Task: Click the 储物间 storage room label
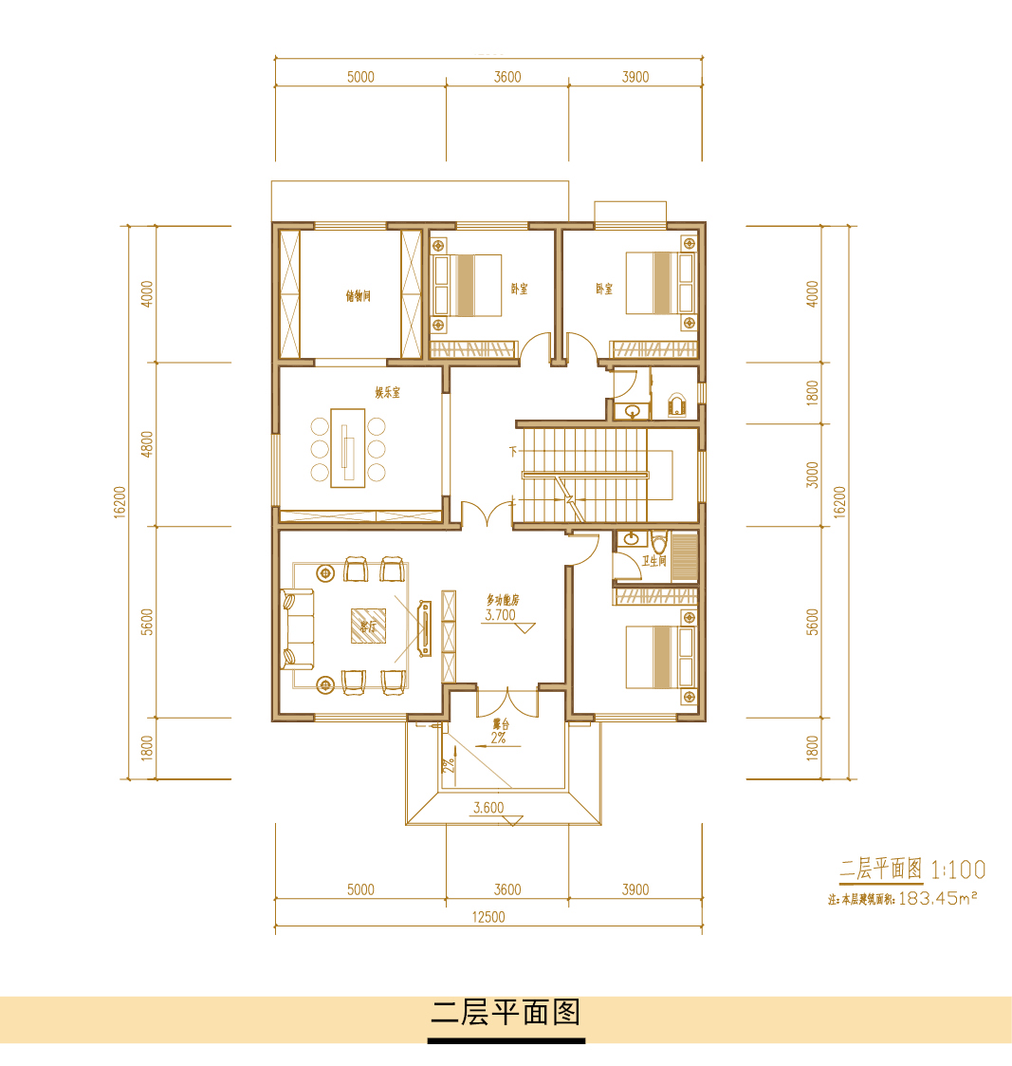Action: pyautogui.click(x=358, y=296)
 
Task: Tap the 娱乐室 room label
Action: pyautogui.click(x=387, y=392)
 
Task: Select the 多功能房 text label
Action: pyautogui.click(x=504, y=600)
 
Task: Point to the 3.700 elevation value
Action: pyautogui.click(x=500, y=615)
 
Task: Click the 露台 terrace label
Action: pyautogui.click(x=499, y=724)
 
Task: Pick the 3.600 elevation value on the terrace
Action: pyautogui.click(x=488, y=808)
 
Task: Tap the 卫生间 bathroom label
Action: pyautogui.click(x=654, y=561)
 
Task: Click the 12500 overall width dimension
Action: pyautogui.click(x=488, y=917)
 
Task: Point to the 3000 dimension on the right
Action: pyautogui.click(x=812, y=474)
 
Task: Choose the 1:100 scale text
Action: pyautogui.click(x=958, y=870)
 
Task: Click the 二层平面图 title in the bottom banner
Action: pyautogui.click(x=506, y=1012)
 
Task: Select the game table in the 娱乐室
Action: pyautogui.click(x=348, y=448)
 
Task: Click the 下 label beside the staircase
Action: pyautogui.click(x=513, y=451)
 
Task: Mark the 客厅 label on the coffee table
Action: pyautogui.click(x=368, y=627)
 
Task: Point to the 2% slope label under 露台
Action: pyautogui.click(x=499, y=738)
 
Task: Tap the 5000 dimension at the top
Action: pyautogui.click(x=360, y=77)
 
